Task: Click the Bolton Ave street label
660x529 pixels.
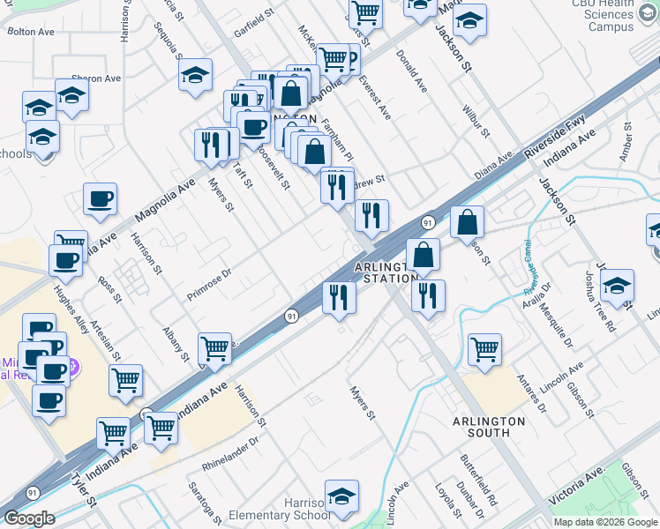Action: click(x=31, y=31)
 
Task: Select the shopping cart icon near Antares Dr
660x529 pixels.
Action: click(x=484, y=350)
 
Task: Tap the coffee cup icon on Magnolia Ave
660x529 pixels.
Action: click(x=100, y=199)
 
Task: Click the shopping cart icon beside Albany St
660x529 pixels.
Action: click(x=214, y=349)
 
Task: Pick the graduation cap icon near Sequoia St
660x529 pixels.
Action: click(x=195, y=76)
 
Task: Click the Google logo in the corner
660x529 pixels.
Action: click(x=29, y=518)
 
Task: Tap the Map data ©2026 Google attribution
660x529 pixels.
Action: click(x=605, y=522)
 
